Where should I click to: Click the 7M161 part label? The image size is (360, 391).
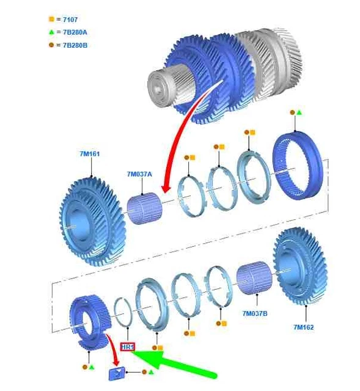coord(90,154)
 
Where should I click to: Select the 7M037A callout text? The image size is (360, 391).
coord(139,174)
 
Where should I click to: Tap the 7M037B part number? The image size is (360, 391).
coord(255,313)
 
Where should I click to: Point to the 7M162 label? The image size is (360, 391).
coord(304,327)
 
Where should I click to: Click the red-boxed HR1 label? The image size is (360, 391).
coord(128,347)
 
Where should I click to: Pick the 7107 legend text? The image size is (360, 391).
coord(70,20)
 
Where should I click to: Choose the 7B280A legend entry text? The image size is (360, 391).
coord(75,32)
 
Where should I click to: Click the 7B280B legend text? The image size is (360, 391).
coord(75,45)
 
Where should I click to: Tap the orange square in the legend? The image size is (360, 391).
coord(51,19)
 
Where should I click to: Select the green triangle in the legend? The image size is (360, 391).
coord(51,32)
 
